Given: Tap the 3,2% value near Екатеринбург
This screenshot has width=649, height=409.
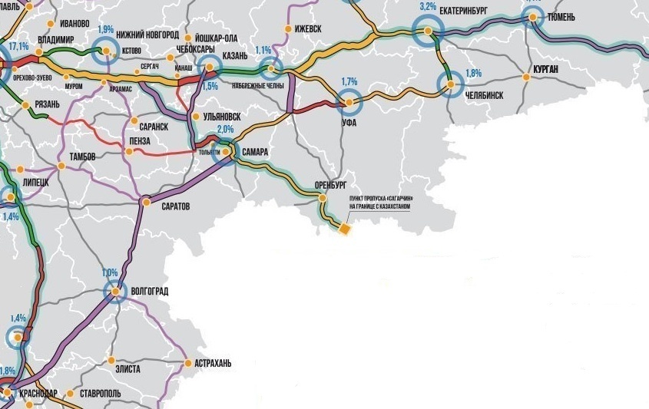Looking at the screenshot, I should pos(428,6).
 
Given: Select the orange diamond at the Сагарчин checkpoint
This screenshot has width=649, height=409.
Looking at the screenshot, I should pos(345,229).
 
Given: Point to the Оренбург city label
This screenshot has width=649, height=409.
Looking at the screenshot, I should pos(331,186).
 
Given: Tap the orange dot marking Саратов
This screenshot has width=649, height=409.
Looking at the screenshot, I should pos(146,202).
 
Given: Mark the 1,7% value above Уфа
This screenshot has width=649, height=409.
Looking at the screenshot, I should pos(349,81).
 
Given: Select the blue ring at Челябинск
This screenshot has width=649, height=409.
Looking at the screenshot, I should pos(451,84).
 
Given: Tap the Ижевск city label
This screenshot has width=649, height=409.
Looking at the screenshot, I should pos(308,29).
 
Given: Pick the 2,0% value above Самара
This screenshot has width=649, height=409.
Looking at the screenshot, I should pos(225,129).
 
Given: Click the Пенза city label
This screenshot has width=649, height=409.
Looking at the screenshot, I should pos(150,144).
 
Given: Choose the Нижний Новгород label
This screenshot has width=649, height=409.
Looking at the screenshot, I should pos(147,35).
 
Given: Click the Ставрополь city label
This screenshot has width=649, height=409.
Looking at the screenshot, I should pos(100,394).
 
